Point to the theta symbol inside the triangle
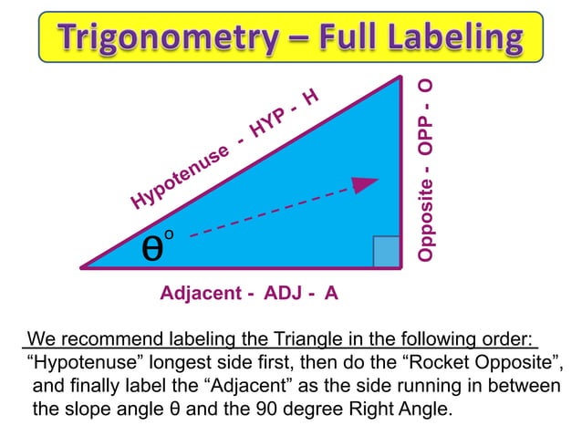click(x=153, y=247)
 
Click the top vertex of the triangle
click(x=400, y=77)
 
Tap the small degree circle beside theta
click(x=170, y=235)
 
